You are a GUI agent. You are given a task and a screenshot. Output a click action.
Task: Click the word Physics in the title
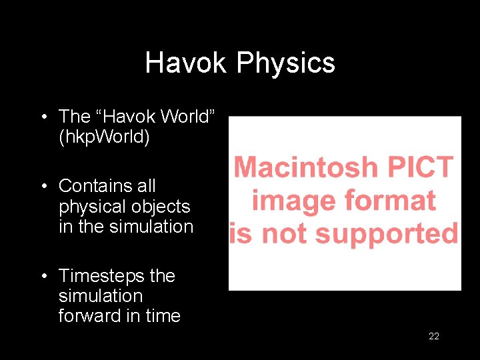(x=285, y=63)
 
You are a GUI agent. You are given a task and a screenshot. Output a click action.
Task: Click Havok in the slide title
(x=187, y=63)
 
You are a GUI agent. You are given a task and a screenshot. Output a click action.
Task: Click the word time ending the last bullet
(x=163, y=315)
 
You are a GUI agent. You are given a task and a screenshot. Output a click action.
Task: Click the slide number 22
(x=433, y=336)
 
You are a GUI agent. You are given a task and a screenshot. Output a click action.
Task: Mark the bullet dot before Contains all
(x=42, y=186)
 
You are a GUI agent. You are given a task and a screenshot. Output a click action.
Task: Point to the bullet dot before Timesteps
(x=42, y=276)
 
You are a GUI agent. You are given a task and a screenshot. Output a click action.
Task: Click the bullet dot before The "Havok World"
(x=42, y=117)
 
